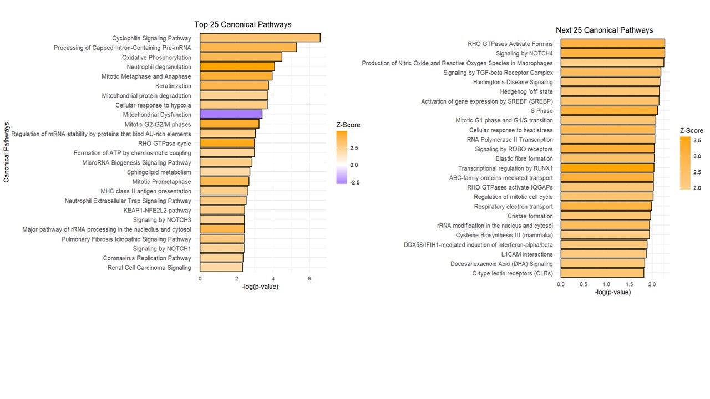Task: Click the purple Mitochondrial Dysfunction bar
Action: coord(231,115)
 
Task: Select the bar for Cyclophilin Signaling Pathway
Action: coord(260,38)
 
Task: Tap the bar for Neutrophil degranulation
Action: coord(237,67)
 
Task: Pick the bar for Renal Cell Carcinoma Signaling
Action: coord(221,268)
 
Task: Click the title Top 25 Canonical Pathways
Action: coord(242,24)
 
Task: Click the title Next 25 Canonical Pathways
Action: coord(604,30)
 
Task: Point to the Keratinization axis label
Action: coord(173,86)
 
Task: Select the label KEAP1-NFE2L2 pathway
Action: coord(157,211)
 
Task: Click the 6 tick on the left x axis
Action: coord(309,278)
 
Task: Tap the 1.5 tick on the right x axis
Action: coord(629,284)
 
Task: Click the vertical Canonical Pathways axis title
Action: coord(7,152)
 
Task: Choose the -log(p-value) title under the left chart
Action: coord(260,287)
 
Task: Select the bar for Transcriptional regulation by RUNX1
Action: coord(607,168)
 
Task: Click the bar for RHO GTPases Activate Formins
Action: coord(612,44)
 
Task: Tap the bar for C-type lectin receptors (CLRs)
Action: coord(602,273)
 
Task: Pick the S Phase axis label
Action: coord(541,111)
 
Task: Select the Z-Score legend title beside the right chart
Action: coord(691,131)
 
